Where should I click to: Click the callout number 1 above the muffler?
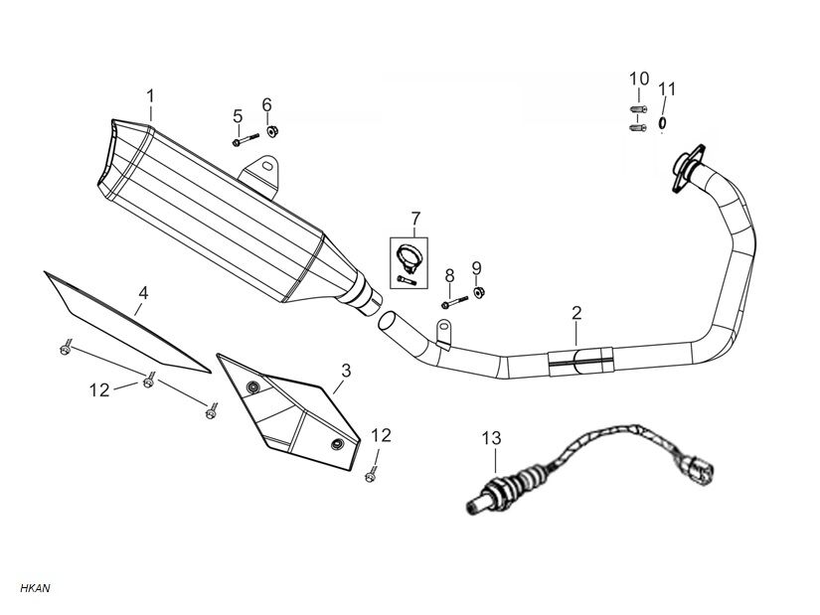point(150,96)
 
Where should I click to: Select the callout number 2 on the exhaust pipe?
point(576,315)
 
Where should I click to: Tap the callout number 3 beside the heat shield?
point(345,371)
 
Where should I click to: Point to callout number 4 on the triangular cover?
point(143,293)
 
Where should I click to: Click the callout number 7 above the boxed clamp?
point(415,219)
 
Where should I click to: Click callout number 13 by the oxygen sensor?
point(493,437)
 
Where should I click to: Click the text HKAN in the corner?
point(34,588)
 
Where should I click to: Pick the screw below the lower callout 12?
point(372,476)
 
